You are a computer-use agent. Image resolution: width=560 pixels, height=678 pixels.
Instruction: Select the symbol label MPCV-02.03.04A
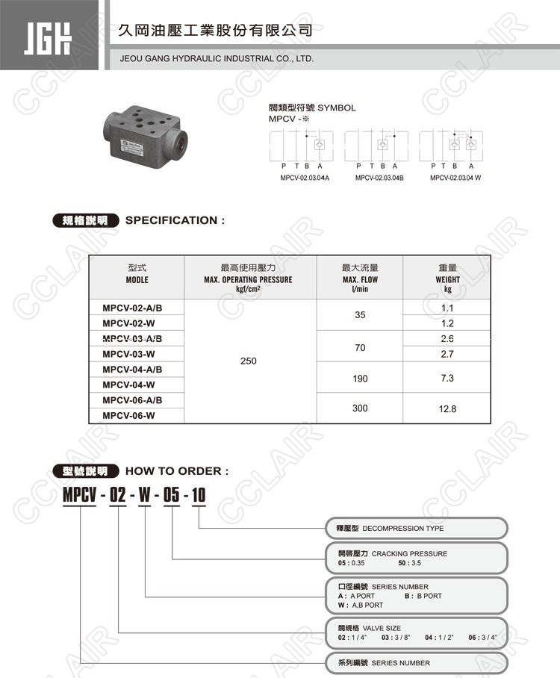click(x=305, y=178)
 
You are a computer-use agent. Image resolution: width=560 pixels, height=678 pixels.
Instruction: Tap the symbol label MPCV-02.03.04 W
click(x=455, y=178)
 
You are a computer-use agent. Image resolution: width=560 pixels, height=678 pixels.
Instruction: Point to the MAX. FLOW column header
click(x=360, y=278)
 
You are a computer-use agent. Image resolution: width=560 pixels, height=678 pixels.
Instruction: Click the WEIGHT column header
click(x=447, y=278)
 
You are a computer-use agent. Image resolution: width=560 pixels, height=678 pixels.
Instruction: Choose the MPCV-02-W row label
click(x=128, y=323)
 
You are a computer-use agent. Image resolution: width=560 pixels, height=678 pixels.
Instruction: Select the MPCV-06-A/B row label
click(x=132, y=400)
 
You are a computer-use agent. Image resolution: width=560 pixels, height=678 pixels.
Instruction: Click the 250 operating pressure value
click(x=249, y=361)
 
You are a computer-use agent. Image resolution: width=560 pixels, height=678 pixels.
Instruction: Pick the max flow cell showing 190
click(x=360, y=379)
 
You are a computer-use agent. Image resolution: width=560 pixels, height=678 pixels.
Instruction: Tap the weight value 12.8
click(x=447, y=409)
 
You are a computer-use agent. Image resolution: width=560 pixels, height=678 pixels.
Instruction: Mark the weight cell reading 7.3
click(x=447, y=379)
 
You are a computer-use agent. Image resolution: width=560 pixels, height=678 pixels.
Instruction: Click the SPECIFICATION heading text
click(x=175, y=220)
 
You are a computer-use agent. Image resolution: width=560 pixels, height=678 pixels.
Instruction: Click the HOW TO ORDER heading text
click(x=177, y=471)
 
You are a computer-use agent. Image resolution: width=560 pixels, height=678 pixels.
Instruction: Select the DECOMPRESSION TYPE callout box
click(x=417, y=529)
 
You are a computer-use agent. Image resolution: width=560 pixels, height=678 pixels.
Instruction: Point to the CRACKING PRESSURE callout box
click(x=417, y=558)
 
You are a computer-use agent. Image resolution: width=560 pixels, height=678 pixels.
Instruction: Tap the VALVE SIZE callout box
click(x=417, y=632)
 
